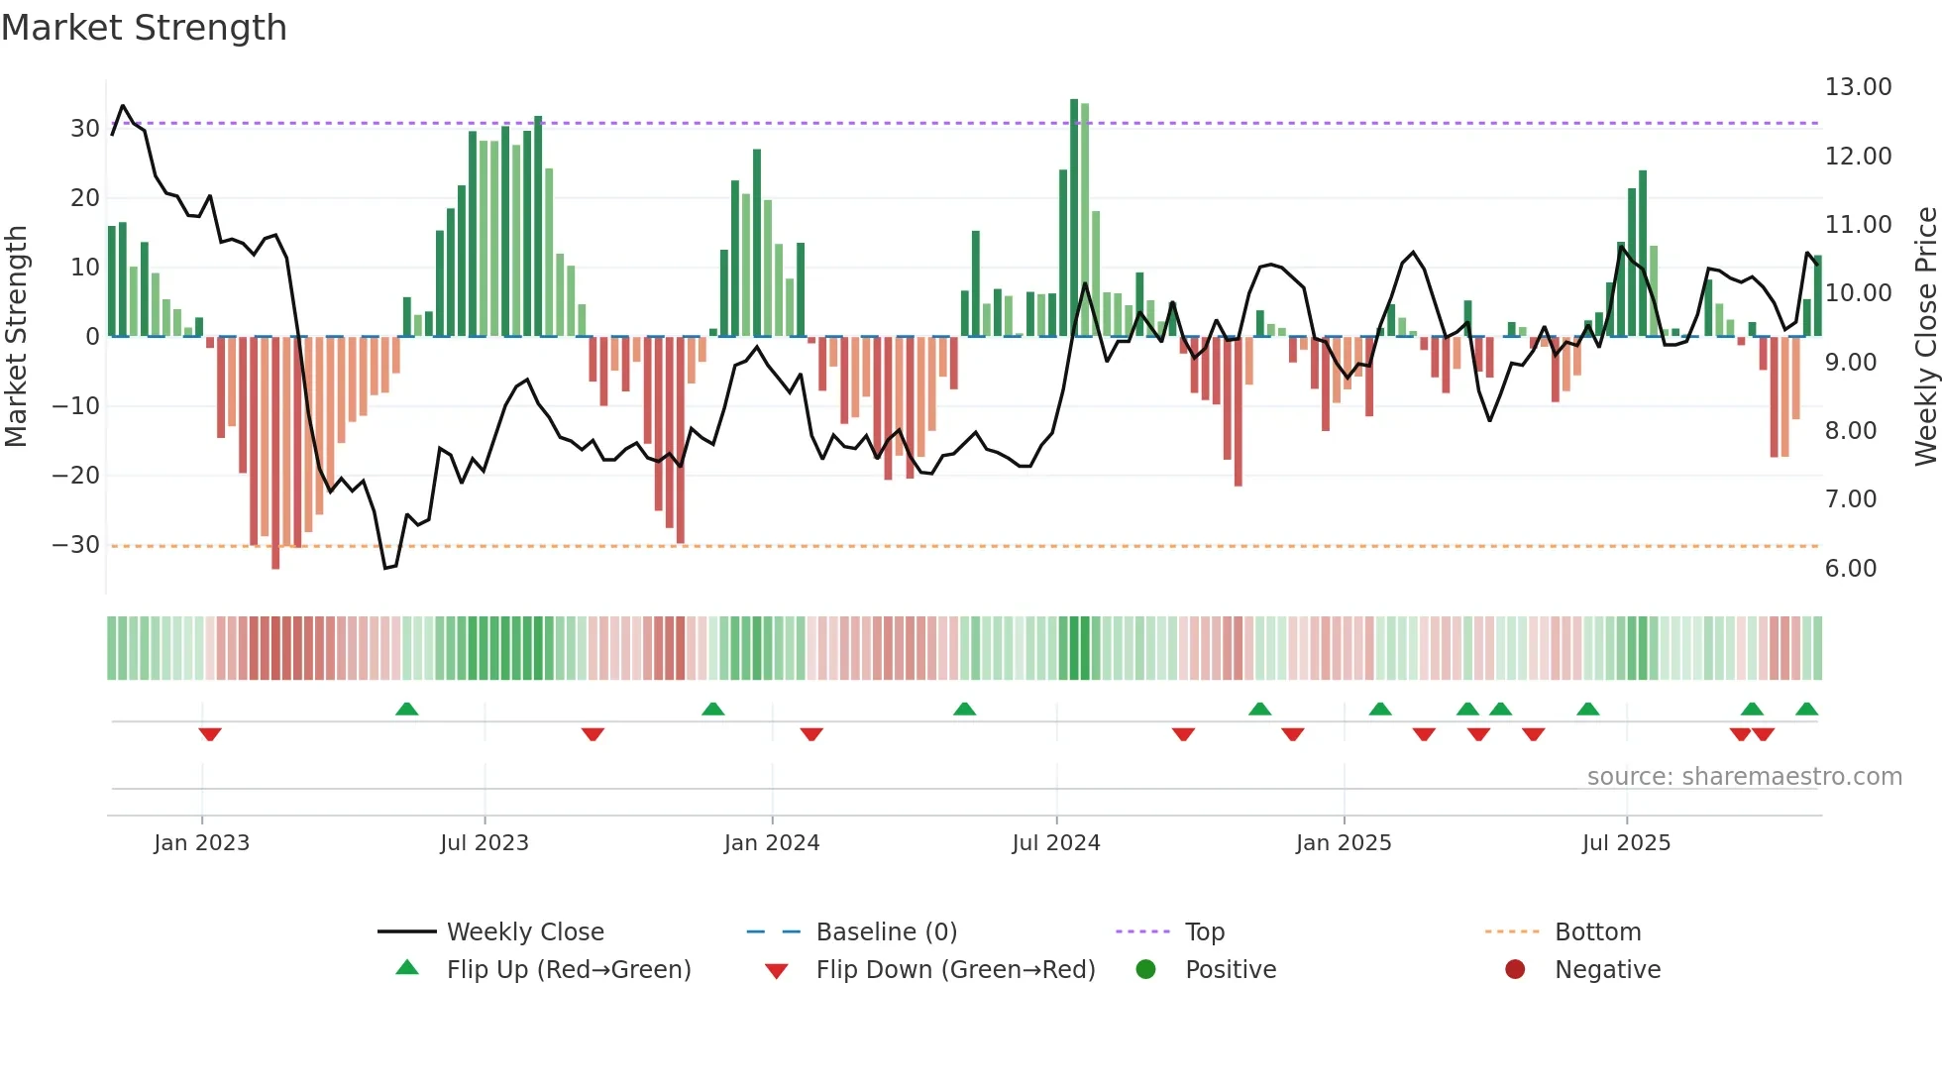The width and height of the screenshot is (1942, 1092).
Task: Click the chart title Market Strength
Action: [x=144, y=28]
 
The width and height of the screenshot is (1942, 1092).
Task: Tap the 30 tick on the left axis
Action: [x=84, y=129]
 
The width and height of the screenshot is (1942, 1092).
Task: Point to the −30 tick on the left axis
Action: [x=76, y=545]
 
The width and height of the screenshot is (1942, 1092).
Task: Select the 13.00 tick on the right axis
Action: [x=1858, y=87]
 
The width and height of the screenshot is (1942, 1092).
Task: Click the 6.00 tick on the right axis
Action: [x=1850, y=569]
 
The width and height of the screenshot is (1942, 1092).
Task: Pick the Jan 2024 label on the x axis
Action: [x=771, y=843]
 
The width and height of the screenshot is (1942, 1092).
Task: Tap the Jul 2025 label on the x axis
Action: [x=1626, y=843]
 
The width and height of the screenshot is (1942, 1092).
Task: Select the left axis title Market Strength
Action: [x=16, y=337]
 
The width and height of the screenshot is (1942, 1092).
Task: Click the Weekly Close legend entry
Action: [x=524, y=932]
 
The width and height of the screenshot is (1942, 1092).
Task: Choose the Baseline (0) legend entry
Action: [x=886, y=932]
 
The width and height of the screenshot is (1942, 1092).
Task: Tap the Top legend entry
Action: [x=1204, y=932]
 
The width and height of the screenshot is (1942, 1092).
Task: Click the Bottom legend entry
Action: [x=1597, y=932]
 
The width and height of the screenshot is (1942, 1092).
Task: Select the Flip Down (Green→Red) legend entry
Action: [x=954, y=970]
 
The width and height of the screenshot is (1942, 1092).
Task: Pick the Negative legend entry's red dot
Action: [x=1514, y=970]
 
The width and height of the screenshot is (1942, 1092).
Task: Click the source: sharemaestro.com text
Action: [x=1744, y=777]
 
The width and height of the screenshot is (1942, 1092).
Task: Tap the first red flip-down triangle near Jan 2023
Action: [x=209, y=734]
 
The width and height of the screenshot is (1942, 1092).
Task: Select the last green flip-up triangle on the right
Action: [x=1806, y=709]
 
